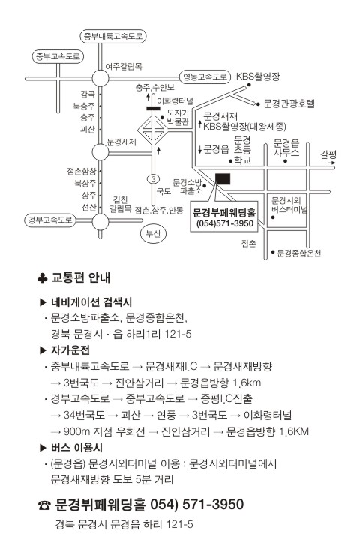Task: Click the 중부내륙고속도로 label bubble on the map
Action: (x=112, y=37)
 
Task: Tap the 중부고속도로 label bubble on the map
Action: (x=58, y=57)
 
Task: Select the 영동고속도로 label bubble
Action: (x=205, y=76)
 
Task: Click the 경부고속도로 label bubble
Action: (x=50, y=220)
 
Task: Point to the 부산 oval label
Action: (x=153, y=233)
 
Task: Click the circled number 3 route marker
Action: (x=153, y=179)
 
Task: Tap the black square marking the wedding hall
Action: (x=223, y=179)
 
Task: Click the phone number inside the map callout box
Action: (x=225, y=223)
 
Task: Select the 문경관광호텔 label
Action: (x=289, y=103)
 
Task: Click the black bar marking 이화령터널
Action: (x=154, y=108)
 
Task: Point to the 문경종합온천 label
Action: (x=298, y=253)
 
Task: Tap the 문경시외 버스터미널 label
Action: (x=289, y=205)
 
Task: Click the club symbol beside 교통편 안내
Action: (x=42, y=278)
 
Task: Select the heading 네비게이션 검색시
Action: (x=91, y=301)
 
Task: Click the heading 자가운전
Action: (x=70, y=349)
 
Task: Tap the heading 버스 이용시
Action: (x=76, y=448)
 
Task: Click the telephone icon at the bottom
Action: (x=44, y=505)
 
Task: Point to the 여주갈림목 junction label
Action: (x=124, y=66)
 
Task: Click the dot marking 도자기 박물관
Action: (x=162, y=118)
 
